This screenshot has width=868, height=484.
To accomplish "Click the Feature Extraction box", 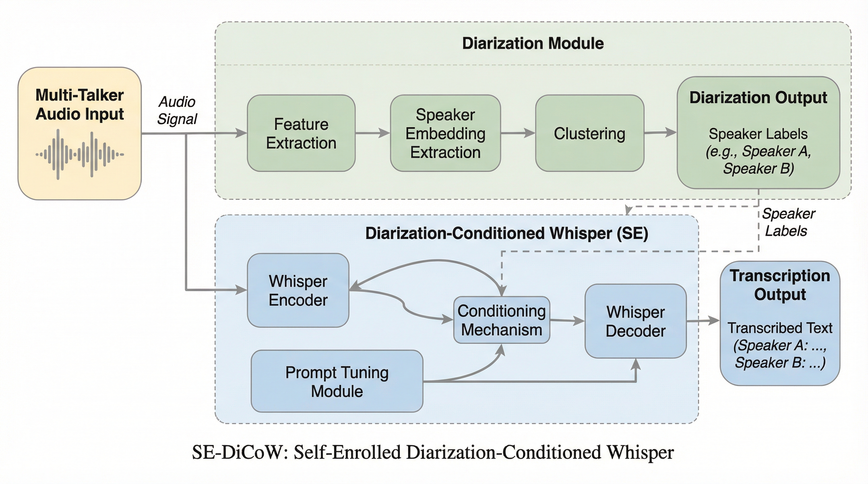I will pos(301,133).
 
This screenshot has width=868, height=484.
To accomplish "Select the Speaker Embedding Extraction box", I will pos(445,133).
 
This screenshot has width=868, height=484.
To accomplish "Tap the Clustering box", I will pos(589,133).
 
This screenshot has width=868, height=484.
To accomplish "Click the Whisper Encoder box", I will pos(298,290).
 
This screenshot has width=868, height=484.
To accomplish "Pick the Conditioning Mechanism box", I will pos(501,320).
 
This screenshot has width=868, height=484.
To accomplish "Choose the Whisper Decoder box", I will pos(636,321).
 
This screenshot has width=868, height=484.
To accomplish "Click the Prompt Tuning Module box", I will pos(337,381).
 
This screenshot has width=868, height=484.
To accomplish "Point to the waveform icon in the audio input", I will pos(79,154).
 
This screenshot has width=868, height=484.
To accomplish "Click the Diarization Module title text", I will pos(533,43).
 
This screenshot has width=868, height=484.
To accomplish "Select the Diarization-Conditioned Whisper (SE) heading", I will pos(507,233).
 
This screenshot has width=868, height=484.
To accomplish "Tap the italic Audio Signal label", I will pos(177,110).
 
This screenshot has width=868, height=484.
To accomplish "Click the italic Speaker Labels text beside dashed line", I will pos(788,222).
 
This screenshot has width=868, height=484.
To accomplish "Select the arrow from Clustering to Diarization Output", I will pos(660,133).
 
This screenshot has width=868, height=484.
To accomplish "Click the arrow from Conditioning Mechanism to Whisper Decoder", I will pos(567,320).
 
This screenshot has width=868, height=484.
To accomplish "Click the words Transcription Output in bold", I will pos(780,285).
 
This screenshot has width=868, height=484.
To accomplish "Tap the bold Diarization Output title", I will pos(758,98).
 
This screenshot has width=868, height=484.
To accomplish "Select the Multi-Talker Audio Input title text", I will pos(79,104).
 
